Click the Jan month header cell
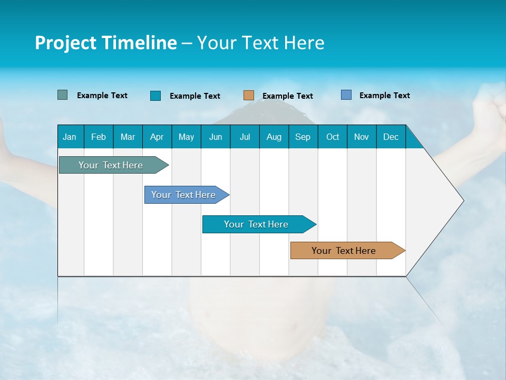[70, 137]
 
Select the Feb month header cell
[99, 137]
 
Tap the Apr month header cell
[157, 137]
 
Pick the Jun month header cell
[216, 137]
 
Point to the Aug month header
[274, 137]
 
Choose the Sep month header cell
[303, 137]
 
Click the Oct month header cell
[333, 137]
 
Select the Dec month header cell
[391, 137]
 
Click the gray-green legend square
[63, 95]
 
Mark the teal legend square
[155, 96]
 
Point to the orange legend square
[249, 96]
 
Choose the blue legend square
[346, 95]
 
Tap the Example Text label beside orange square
[288, 96]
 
